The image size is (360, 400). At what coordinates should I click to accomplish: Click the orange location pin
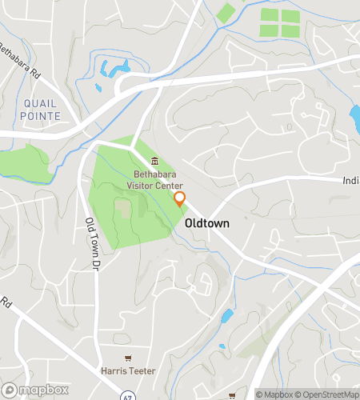pyautogui.click(x=180, y=200)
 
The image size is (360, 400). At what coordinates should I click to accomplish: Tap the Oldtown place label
pyautogui.click(x=209, y=224)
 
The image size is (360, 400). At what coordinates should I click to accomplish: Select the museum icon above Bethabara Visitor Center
pyautogui.click(x=154, y=161)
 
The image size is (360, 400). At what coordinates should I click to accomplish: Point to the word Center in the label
pyautogui.click(x=170, y=186)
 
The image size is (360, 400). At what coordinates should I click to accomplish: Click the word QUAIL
pyautogui.click(x=39, y=103)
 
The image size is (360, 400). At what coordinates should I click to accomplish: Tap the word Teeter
pyautogui.click(x=141, y=371)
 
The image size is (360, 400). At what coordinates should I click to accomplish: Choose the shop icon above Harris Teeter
pyautogui.click(x=126, y=358)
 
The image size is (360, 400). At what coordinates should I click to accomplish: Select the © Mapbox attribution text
pyautogui.click(x=274, y=394)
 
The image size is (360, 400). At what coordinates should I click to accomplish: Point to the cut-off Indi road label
pyautogui.click(x=350, y=181)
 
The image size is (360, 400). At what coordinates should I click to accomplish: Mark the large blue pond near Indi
pyautogui.click(x=354, y=118)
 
